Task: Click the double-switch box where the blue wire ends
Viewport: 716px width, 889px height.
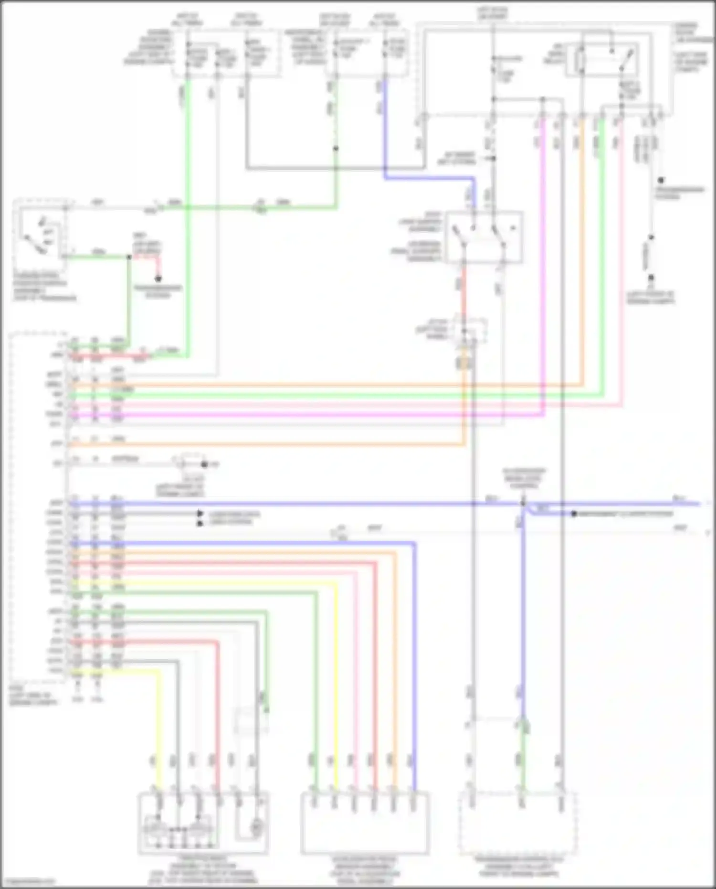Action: [484, 237]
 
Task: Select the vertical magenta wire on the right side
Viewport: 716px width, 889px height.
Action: [544, 263]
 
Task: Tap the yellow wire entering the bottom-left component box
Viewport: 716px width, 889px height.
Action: [159, 736]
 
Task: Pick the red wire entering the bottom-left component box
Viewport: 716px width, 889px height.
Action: [218, 717]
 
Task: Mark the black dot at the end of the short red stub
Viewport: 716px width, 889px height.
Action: [158, 278]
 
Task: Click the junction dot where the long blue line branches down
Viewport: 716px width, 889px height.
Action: [523, 503]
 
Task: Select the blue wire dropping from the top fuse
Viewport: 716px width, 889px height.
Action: [384, 129]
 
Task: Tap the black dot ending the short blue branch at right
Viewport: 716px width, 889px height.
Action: [574, 514]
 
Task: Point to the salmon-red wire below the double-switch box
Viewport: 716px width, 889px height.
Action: [463, 291]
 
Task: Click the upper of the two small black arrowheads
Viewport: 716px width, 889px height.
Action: [200, 514]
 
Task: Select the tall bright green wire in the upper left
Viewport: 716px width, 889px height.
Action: [188, 215]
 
